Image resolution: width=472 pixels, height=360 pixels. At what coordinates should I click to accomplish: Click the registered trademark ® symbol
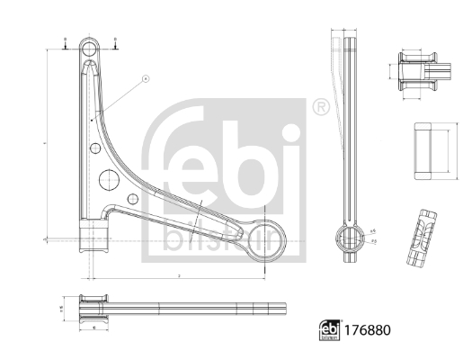pyautogui.click(x=319, y=109)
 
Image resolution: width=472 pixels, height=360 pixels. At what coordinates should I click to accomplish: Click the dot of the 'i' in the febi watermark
pyautogui.click(x=293, y=134)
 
